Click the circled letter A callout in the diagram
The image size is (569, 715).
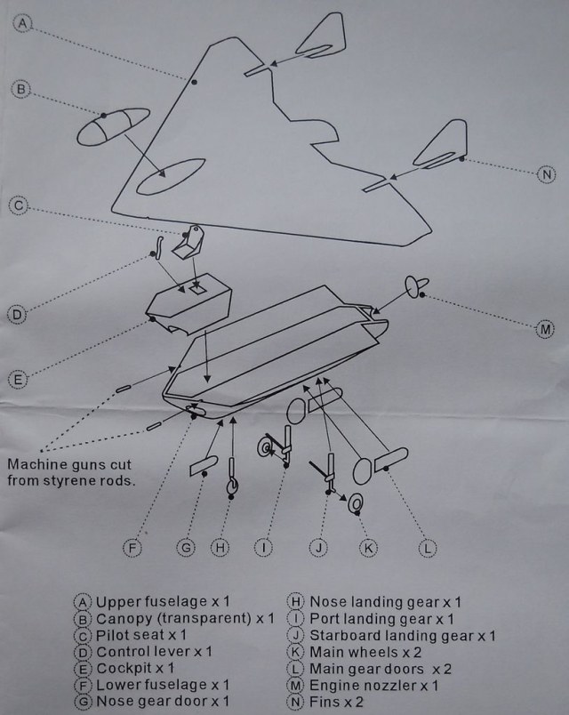click(22, 23)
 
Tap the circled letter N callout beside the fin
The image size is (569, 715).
click(546, 174)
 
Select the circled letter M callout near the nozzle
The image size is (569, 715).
click(545, 329)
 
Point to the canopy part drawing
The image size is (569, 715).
click(113, 126)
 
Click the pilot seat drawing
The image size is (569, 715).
click(188, 242)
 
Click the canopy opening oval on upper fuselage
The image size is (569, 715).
click(171, 176)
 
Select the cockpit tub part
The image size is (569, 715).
click(188, 303)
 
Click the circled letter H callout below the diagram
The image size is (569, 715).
click(220, 547)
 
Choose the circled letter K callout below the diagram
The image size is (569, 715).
click(368, 547)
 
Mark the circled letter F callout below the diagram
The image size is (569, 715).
click(132, 547)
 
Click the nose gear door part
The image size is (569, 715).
click(204, 466)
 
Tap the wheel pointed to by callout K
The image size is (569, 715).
click(356, 503)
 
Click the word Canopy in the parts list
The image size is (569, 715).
click(124, 619)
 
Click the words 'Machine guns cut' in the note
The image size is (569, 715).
click(69, 464)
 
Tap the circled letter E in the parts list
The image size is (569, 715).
click(82, 669)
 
